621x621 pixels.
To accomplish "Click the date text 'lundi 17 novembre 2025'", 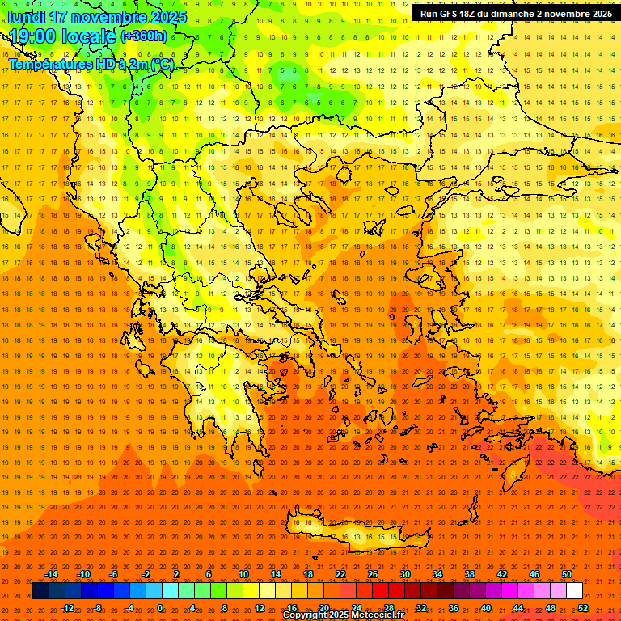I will click(97, 17).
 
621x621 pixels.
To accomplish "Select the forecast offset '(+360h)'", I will click(144, 36).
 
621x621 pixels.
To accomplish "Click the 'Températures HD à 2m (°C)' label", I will click(91, 63).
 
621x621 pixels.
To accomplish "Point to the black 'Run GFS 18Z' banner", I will click(516, 14).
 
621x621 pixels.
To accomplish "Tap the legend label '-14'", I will click(51, 574).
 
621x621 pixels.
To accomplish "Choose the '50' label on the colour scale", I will click(567, 574).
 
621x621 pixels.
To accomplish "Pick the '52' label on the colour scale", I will click(582, 608).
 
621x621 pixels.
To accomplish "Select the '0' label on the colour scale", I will click(160, 608).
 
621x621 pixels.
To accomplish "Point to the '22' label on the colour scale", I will click(340, 574).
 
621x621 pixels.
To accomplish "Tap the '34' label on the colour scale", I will click(437, 574).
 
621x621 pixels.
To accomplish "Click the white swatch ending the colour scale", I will click(574, 591).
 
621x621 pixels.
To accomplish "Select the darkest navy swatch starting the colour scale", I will click(40, 591).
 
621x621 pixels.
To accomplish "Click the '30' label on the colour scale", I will click(405, 574).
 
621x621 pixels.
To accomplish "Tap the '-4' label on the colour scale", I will click(129, 608).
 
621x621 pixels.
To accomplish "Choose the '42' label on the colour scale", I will click(502, 574).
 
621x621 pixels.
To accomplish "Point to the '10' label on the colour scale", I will click(243, 574).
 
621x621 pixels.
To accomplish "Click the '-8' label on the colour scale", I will click(98, 608).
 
